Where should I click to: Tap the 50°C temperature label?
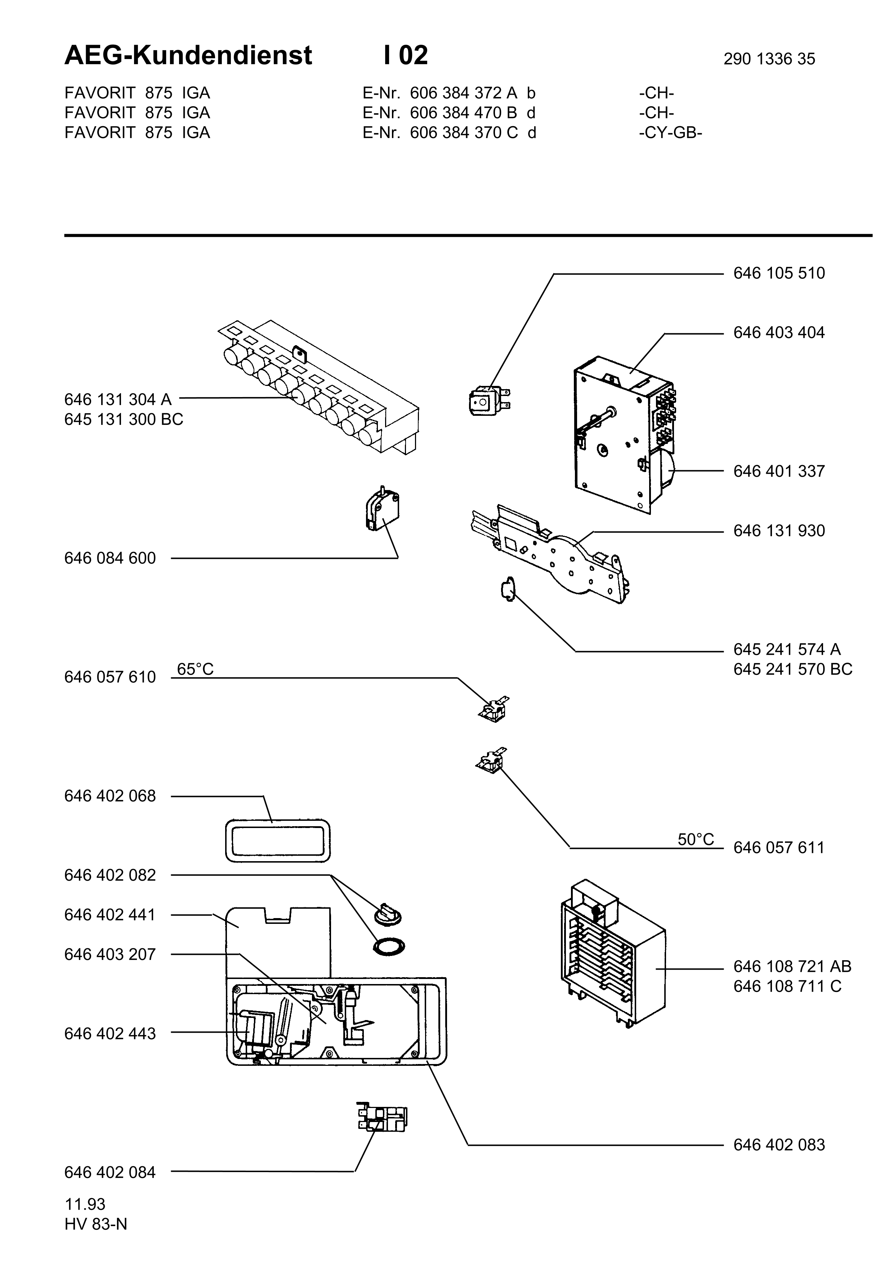(696, 840)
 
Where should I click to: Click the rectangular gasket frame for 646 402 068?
(278, 840)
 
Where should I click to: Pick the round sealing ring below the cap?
(388, 946)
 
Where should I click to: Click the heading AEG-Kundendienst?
(188, 55)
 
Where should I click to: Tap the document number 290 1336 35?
(769, 59)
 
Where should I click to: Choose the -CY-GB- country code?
(670, 133)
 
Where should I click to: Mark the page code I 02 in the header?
(406, 55)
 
